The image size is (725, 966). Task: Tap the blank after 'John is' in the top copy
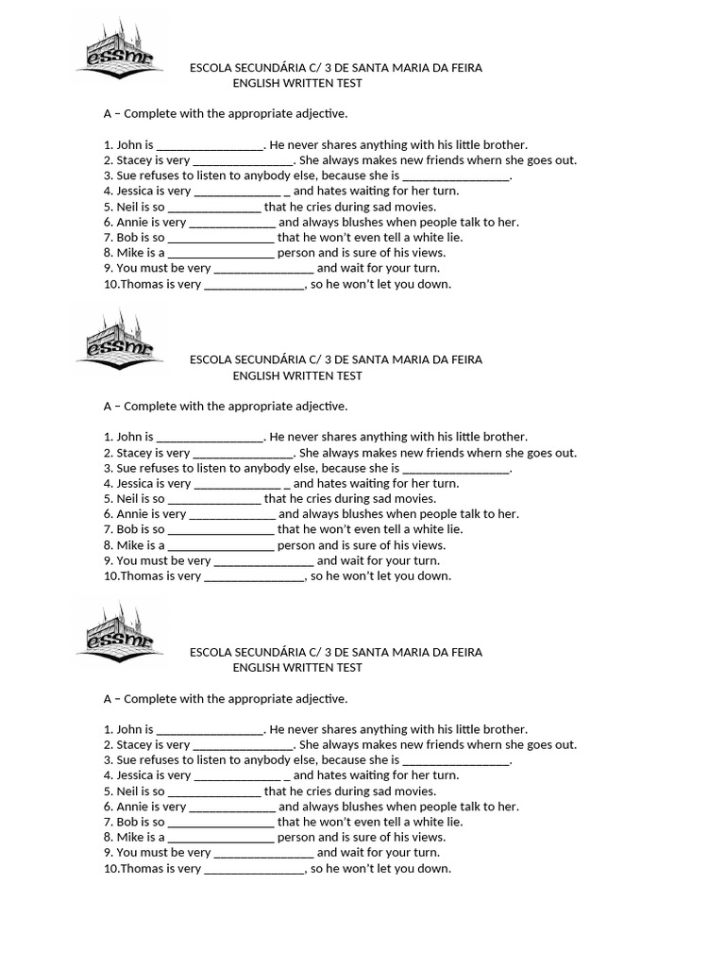click(210, 145)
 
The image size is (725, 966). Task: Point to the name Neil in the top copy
click(128, 207)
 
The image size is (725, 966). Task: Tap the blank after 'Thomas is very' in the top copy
click(254, 284)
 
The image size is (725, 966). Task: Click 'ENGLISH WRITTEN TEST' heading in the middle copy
click(297, 375)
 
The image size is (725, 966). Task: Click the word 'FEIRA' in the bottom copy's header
click(463, 652)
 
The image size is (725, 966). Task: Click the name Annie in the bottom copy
click(132, 807)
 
